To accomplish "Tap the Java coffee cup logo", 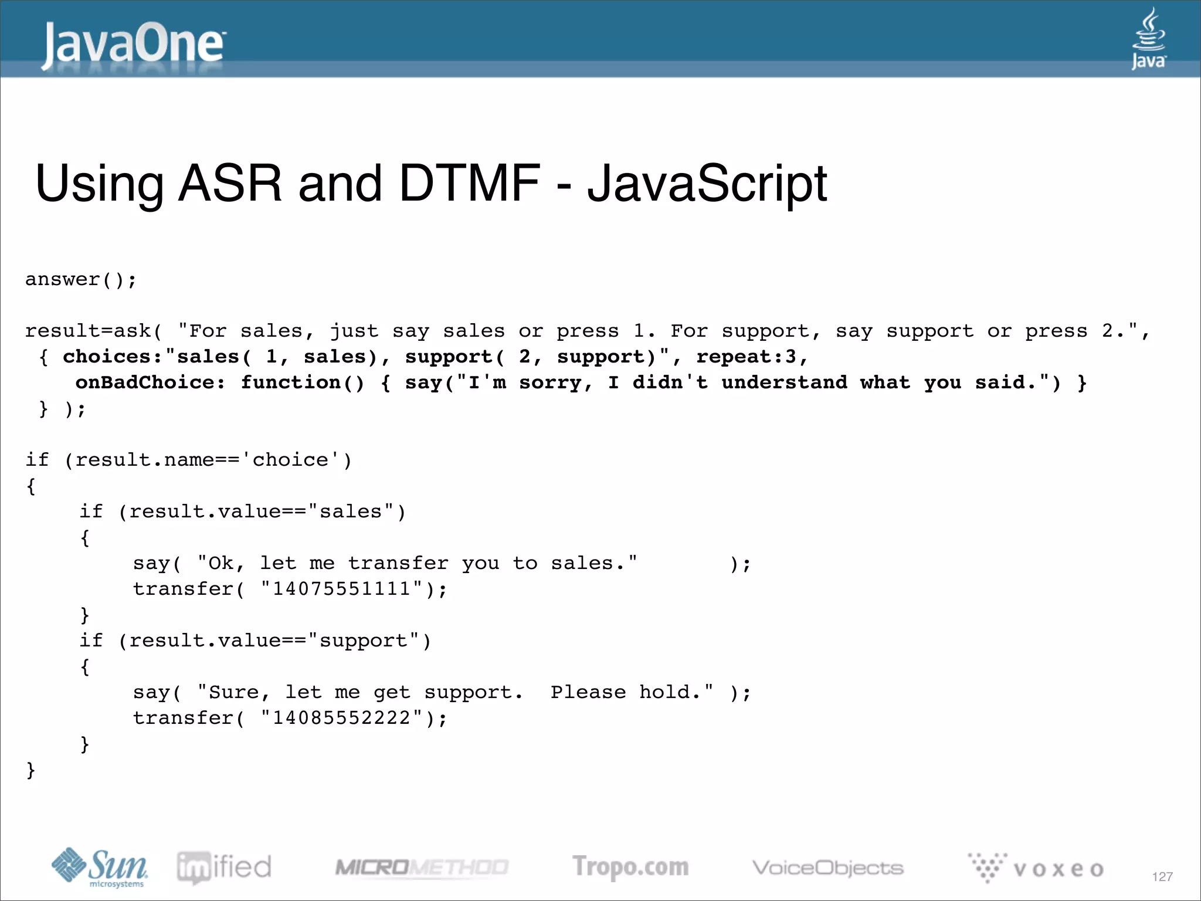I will [x=1148, y=39].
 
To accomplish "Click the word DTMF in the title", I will [x=469, y=184].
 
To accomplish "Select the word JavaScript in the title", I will [x=707, y=184].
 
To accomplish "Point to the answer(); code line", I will [x=80, y=280].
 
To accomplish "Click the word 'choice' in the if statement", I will [x=290, y=460].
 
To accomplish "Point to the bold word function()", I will [x=303, y=382].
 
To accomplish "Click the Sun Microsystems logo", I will [x=100, y=867].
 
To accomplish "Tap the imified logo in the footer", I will [x=224, y=867].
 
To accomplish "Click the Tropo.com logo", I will [x=630, y=867].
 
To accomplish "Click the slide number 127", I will [x=1162, y=877].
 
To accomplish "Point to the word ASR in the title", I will [x=230, y=184].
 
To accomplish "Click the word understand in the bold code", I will [x=784, y=382].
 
